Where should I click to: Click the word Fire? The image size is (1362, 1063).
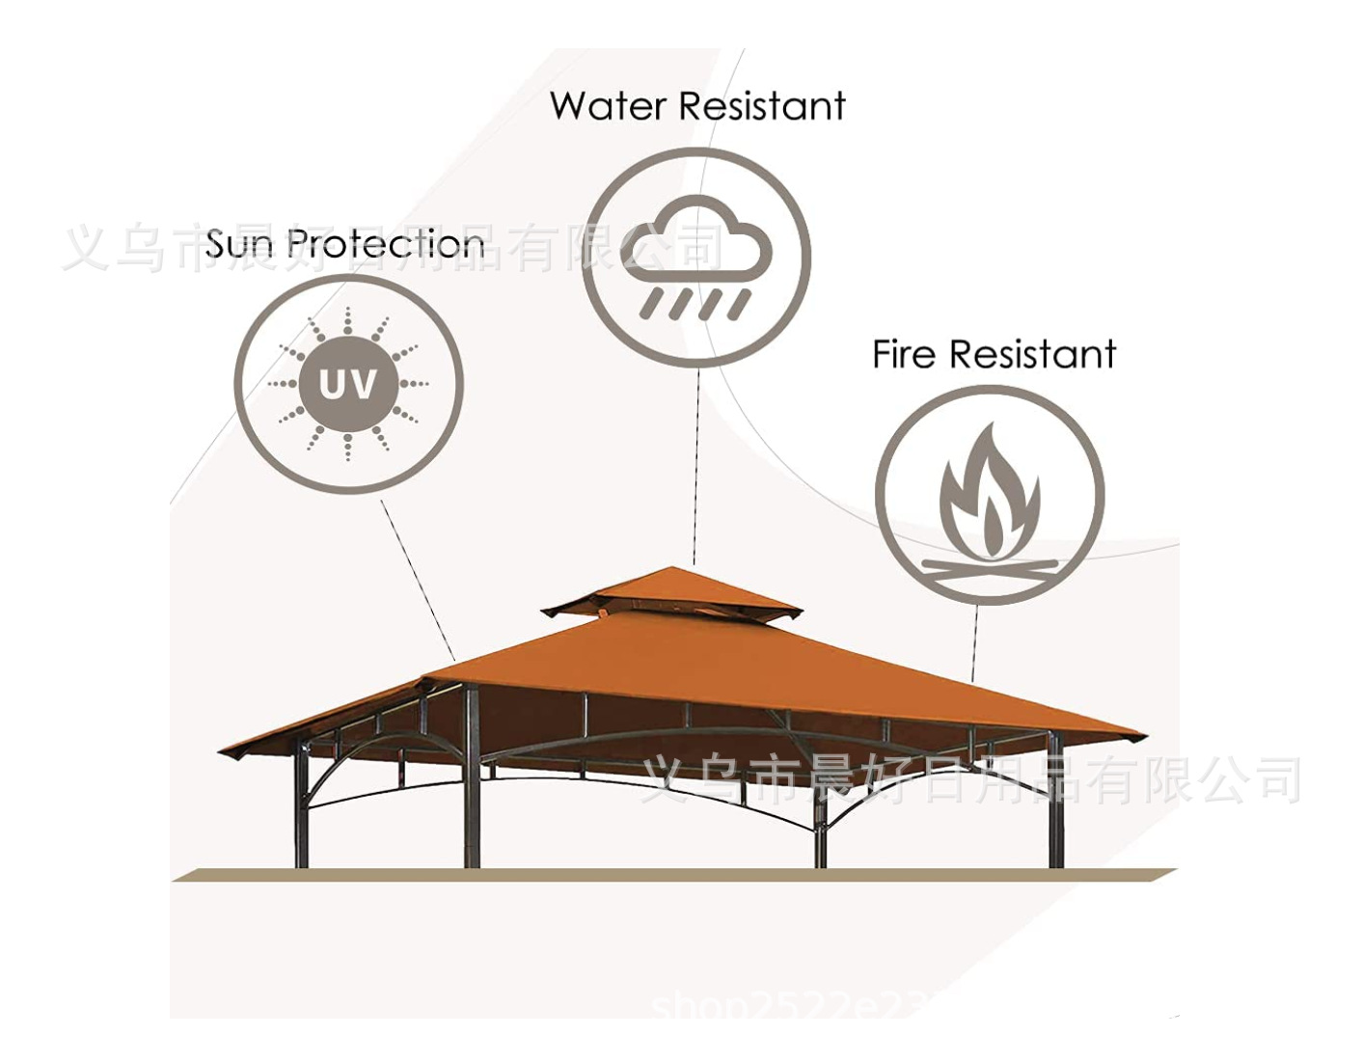[x=904, y=355]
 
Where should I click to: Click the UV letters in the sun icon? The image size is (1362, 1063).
[x=348, y=384]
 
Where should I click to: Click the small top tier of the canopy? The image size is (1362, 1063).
[x=671, y=590]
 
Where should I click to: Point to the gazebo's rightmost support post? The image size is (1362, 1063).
[x=1054, y=801]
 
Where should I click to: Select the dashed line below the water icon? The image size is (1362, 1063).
[x=695, y=463]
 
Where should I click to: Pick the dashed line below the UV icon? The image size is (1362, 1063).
[x=418, y=579]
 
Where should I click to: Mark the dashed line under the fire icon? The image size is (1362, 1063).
[x=974, y=641]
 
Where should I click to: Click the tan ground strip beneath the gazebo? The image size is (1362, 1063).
[x=675, y=875]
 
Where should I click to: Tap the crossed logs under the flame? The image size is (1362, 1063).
[x=989, y=568]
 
